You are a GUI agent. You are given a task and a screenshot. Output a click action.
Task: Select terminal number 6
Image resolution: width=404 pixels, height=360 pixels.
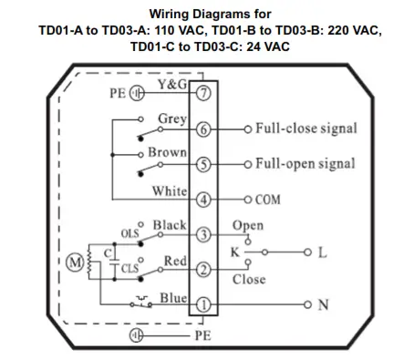coord(203,129)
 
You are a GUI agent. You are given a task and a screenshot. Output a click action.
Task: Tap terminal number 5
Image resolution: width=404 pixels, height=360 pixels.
coord(203,164)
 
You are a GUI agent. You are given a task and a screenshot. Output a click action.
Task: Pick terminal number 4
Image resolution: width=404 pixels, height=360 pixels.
coord(203,199)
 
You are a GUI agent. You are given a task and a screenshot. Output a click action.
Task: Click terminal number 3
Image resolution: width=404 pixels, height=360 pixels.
coord(203,234)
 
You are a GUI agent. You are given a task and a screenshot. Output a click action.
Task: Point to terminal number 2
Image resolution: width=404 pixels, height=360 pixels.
coord(203,269)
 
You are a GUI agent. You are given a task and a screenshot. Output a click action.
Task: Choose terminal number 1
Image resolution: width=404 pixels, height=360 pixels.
coord(203,304)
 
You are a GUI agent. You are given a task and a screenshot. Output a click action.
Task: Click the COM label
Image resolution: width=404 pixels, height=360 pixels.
coord(268,199)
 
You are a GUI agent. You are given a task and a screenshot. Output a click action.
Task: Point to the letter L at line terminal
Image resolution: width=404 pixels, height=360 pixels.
coord(320,252)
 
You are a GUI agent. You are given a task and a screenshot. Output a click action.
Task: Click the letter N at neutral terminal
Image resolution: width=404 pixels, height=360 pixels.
coord(322,304)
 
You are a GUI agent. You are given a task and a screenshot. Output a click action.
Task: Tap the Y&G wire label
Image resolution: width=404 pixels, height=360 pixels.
coord(173,85)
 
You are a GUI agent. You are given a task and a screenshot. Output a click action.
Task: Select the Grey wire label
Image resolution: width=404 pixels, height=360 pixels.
coord(172,119)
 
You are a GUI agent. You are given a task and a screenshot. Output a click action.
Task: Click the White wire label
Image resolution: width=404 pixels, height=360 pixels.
coord(170,190)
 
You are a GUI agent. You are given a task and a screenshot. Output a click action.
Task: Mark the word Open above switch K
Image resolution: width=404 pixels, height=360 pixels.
coord(247,226)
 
